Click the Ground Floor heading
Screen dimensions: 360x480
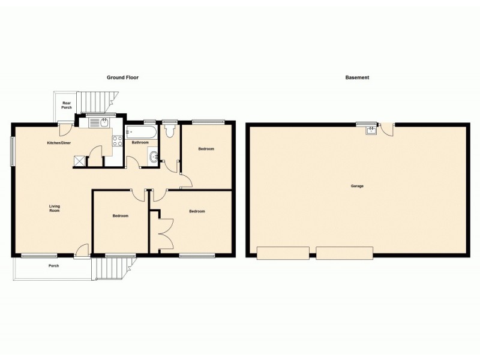click(x=123, y=77)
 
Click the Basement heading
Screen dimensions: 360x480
click(x=357, y=77)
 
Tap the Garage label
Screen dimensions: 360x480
click(x=357, y=186)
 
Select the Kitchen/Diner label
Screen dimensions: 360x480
click(x=59, y=143)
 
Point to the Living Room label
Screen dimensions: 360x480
click(x=55, y=209)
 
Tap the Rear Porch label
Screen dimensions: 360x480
click(x=67, y=105)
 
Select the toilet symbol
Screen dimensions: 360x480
click(x=169, y=130)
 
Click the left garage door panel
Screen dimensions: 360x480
click(x=283, y=253)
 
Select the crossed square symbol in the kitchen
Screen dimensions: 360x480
click(x=79, y=160)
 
